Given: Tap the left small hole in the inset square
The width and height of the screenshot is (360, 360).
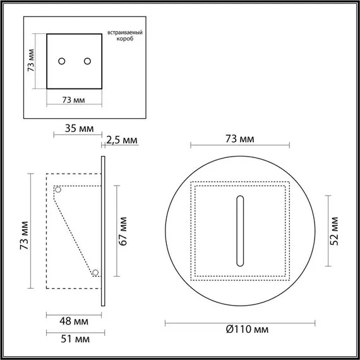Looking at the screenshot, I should pos(62,61).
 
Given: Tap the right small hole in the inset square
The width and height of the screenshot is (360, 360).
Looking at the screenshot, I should pos(87,61).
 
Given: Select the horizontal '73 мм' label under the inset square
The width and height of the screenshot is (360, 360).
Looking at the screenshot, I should pos(75,100).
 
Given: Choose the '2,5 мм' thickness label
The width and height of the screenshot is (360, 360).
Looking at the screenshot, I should pos(122,140).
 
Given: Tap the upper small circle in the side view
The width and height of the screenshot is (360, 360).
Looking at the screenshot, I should pos(57,189).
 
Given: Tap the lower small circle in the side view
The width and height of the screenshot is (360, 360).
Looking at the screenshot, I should pos(95,273).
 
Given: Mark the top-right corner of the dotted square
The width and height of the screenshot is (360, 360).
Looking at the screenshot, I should pos(289,183).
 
